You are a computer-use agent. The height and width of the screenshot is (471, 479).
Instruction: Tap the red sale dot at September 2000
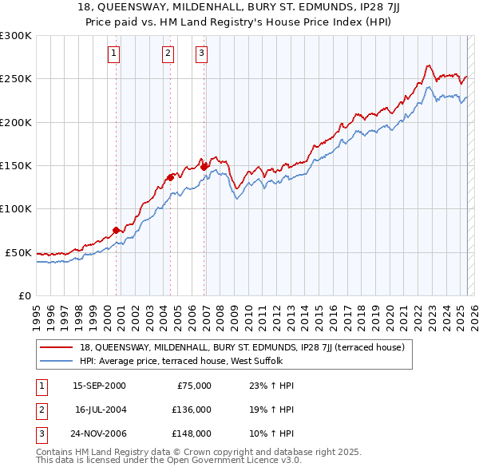[x=117, y=230]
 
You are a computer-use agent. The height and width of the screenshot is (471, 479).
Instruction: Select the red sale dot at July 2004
[x=171, y=177]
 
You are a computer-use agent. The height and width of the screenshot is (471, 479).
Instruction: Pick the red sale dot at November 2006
[x=204, y=167]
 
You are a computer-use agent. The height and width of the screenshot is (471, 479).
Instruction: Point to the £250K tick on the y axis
[x=16, y=79]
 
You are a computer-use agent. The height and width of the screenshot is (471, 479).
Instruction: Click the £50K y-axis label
[x=19, y=252]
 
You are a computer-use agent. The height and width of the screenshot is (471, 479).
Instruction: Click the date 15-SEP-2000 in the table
[x=99, y=386]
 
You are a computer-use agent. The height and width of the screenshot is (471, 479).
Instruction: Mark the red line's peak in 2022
[x=429, y=65]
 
